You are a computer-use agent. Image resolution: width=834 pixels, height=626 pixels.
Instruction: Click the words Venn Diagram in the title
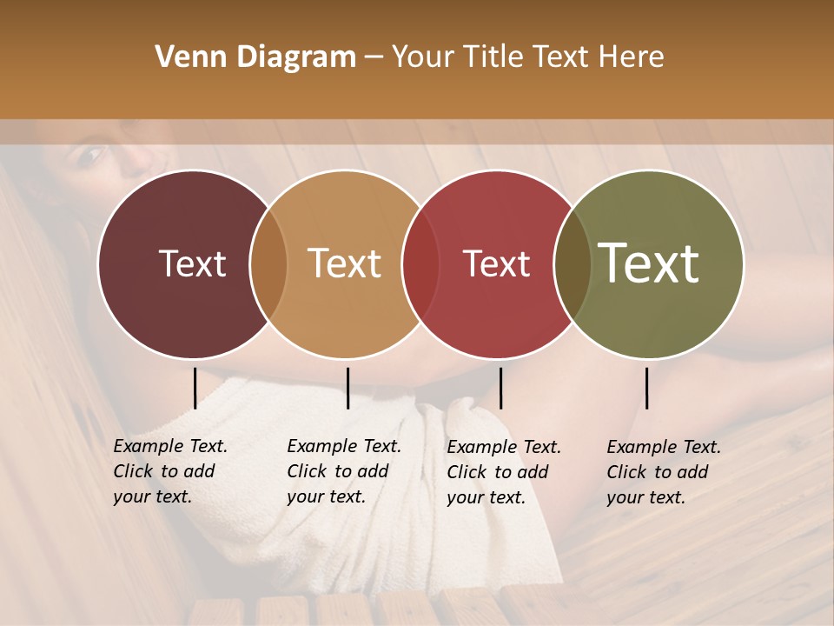coord(255,57)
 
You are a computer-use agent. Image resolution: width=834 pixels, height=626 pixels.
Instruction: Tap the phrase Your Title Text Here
coord(527,57)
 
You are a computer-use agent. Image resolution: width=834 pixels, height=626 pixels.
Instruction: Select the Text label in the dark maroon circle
coord(192,263)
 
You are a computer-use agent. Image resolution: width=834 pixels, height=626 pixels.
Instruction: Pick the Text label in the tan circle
coord(344,263)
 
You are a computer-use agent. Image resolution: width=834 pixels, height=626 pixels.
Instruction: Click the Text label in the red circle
coord(496,263)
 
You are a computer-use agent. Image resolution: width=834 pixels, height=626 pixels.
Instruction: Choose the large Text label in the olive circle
coord(649,263)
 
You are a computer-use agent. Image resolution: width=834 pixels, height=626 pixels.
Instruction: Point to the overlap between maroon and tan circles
coord(268,263)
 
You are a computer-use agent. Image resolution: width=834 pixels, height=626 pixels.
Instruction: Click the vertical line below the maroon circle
coord(195,388)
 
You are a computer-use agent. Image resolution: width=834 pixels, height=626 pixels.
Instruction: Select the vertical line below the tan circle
coord(347,388)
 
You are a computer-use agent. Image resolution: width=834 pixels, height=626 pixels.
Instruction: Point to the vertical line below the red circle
coord(500,388)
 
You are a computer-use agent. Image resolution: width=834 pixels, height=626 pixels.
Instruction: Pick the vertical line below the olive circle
coord(646,388)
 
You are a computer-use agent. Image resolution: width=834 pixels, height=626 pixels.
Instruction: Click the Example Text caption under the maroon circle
coord(169,471)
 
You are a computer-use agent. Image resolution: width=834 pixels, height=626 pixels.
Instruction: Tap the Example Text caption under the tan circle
coord(343,471)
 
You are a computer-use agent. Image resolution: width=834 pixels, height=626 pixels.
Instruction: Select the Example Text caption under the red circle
coord(503,472)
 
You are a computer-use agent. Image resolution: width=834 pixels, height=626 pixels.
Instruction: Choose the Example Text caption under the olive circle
coord(663,472)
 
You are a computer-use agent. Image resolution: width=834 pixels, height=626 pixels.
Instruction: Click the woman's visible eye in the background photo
coord(90,156)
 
